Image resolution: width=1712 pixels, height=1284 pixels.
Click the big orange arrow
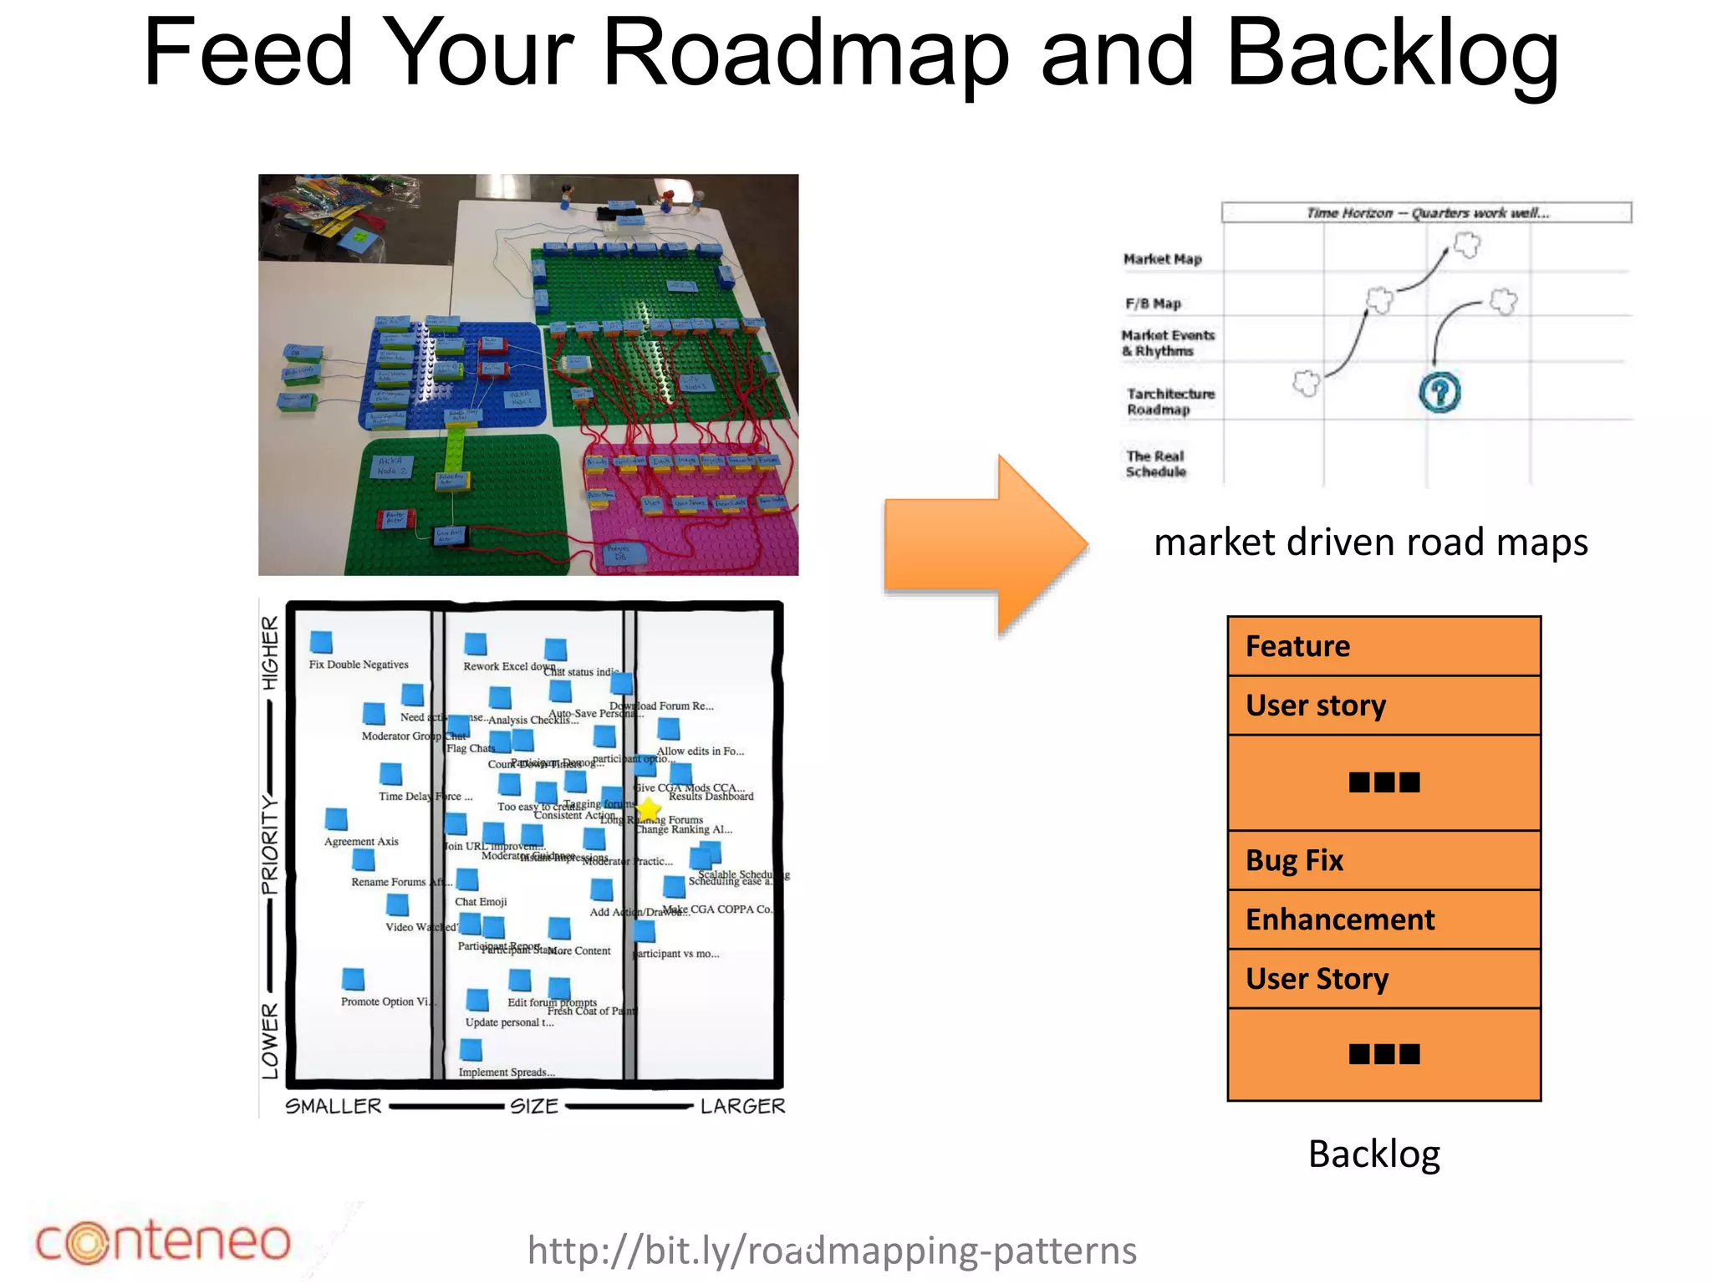[986, 545]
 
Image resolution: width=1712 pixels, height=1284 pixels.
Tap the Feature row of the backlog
[1383, 646]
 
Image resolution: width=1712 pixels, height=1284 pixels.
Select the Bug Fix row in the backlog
[1383, 860]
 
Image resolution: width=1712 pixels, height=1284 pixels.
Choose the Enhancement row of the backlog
[1383, 920]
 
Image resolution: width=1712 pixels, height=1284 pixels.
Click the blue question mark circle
[1439, 392]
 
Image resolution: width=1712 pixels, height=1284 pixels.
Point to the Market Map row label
[1162, 259]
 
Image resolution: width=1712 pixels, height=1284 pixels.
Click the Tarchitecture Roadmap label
[1169, 401]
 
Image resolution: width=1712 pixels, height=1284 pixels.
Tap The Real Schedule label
[1155, 464]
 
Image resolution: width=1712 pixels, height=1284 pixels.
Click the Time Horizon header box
[1426, 212]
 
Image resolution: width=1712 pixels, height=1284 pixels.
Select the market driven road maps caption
[1370, 542]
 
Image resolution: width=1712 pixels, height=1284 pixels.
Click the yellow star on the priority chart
[649, 809]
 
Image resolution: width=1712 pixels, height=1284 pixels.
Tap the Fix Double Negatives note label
[359, 665]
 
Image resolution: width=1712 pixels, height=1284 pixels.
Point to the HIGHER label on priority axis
[269, 653]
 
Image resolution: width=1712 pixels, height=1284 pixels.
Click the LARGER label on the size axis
[742, 1106]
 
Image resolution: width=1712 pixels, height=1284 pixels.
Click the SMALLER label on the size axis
[334, 1106]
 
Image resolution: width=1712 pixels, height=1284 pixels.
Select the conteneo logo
[163, 1241]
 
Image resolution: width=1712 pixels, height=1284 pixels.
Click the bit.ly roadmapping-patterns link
[832, 1251]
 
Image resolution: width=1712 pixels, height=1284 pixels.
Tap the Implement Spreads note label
[507, 1073]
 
